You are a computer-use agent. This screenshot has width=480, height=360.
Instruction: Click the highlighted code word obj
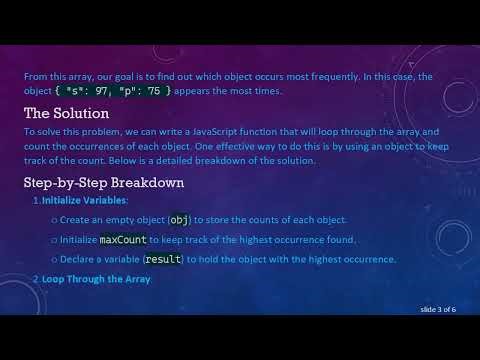[x=179, y=220]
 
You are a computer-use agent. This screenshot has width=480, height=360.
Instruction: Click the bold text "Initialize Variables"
[x=85, y=201]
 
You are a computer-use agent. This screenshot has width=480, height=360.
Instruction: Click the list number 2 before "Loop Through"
[x=37, y=279]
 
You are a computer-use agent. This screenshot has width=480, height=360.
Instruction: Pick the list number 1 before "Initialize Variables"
[x=37, y=201]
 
